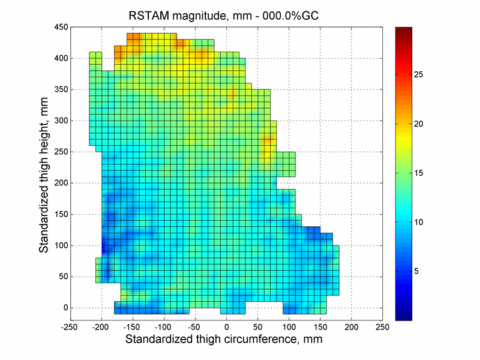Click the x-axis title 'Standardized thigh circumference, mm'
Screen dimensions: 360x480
224,340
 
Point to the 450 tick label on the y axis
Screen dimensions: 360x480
59,27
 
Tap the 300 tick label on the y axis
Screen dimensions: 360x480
59,121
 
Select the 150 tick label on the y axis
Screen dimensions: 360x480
59,214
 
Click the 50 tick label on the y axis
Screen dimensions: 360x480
62,277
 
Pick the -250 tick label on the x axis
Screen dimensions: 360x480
70,327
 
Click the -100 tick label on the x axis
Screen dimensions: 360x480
164,327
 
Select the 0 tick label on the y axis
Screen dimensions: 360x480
64,308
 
